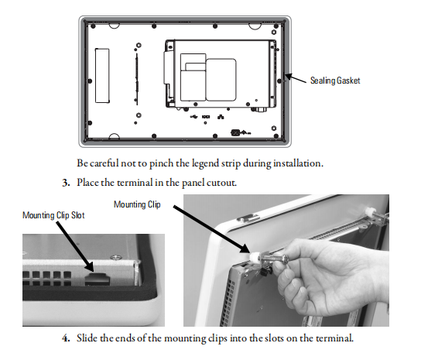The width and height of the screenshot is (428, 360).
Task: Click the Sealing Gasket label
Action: tap(335, 81)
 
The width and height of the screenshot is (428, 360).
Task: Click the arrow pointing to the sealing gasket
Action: tap(296, 78)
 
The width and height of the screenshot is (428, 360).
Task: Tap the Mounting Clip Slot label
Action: tap(53, 215)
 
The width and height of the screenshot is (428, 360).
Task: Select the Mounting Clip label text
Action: tap(137, 204)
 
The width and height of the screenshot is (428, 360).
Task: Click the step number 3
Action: tap(66, 183)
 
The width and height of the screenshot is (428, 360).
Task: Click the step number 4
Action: tap(66, 338)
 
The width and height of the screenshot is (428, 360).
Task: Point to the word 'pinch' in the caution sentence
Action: tap(161, 163)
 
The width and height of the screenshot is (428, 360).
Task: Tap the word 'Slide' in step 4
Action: tap(87, 338)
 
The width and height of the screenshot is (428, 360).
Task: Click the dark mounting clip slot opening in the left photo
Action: tap(95, 279)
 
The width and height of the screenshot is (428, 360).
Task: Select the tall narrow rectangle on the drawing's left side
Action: tap(102, 76)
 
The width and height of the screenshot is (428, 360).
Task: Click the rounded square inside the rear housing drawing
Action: tap(221, 80)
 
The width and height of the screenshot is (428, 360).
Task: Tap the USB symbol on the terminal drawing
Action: tap(193, 117)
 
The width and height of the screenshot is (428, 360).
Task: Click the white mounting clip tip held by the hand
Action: tap(255, 257)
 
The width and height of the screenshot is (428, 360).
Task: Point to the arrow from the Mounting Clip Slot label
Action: tap(75, 247)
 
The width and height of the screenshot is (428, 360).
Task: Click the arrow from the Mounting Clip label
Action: tap(211, 229)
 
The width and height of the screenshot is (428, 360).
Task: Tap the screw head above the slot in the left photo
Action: tap(115, 257)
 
